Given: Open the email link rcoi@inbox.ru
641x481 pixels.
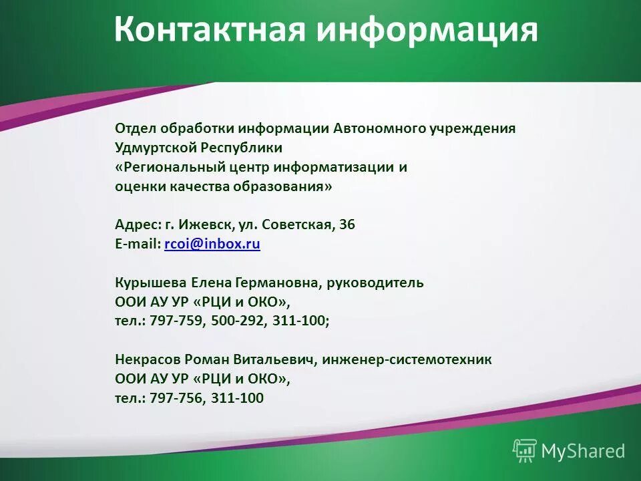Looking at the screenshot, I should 212,245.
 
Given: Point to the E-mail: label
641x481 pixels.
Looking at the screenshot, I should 138,245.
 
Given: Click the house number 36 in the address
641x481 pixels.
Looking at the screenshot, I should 347,225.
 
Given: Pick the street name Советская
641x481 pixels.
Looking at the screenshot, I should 297,225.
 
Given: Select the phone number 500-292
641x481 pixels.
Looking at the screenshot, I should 238,321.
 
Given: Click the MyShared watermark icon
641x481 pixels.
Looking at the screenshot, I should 525,451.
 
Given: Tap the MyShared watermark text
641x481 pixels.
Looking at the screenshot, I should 583,452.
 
